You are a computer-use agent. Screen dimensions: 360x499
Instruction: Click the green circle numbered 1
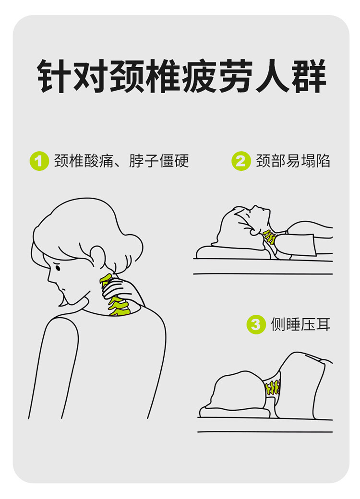click(x=39, y=161)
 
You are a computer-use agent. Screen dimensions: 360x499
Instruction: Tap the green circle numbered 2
click(x=241, y=161)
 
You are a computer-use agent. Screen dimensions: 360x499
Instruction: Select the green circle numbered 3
click(x=256, y=324)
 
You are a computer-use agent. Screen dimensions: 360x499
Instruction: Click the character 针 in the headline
click(x=54, y=76)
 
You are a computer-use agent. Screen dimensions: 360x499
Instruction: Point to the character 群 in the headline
click(x=309, y=76)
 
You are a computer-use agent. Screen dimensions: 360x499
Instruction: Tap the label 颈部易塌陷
click(x=293, y=161)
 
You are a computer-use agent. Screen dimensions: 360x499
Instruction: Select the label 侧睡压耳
click(x=300, y=324)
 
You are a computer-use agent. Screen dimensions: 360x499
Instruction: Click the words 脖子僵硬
click(x=159, y=161)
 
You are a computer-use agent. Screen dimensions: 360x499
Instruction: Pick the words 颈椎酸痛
click(x=84, y=161)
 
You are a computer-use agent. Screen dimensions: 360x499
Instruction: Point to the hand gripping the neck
click(x=122, y=288)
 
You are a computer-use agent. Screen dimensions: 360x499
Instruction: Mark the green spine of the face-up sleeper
click(x=270, y=237)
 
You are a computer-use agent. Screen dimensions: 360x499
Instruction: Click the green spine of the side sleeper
click(x=273, y=388)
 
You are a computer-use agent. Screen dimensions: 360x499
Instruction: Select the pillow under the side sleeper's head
click(x=236, y=413)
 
